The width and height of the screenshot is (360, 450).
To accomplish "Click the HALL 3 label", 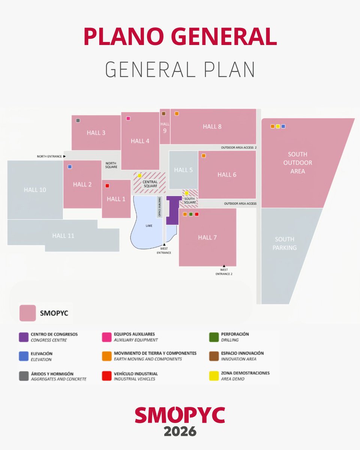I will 96,133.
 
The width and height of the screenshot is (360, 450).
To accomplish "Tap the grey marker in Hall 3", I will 78,120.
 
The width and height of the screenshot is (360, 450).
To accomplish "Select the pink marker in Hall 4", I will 128,118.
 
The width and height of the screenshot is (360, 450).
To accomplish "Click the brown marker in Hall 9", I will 163,113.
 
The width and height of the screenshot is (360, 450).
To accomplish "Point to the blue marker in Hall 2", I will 70,166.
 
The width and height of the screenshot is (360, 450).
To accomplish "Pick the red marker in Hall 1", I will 107,185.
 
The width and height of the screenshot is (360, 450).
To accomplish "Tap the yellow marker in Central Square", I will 139,175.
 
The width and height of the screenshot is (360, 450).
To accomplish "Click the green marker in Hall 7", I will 191,214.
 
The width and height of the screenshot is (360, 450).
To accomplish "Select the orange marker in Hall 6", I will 204,155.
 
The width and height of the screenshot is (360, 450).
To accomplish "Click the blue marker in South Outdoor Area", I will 283,126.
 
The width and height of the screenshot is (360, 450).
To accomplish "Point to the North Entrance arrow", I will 64,156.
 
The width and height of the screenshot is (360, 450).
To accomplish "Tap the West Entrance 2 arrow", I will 224,266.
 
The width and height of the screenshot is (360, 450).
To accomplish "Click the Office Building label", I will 159,207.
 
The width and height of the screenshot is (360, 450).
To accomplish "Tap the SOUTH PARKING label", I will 285,243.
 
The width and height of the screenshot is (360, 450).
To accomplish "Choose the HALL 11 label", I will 63,235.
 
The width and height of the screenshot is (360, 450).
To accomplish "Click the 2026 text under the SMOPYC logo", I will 180,431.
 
